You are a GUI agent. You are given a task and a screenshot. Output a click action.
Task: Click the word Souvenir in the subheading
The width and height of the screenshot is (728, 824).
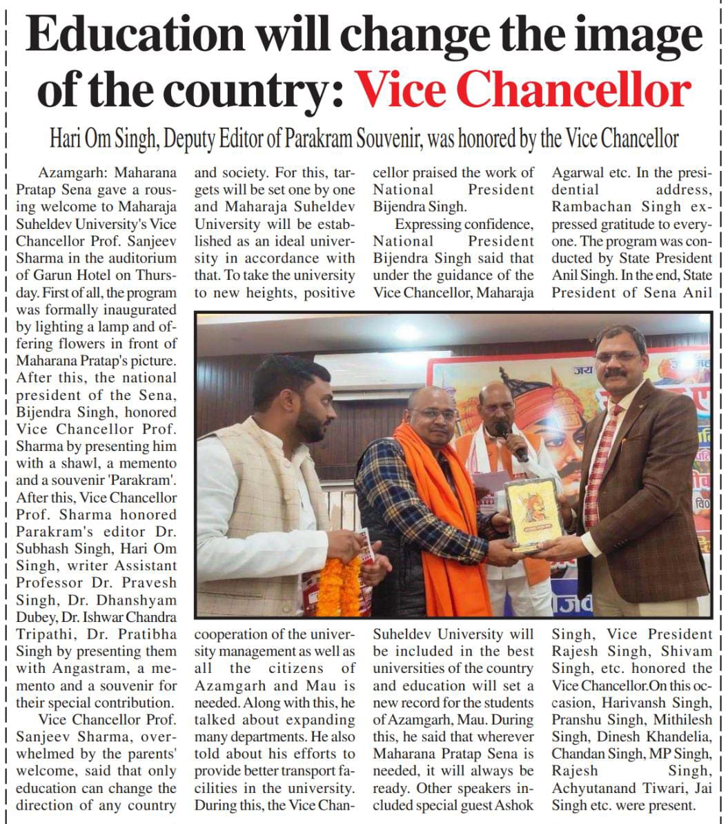(x=388, y=139)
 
